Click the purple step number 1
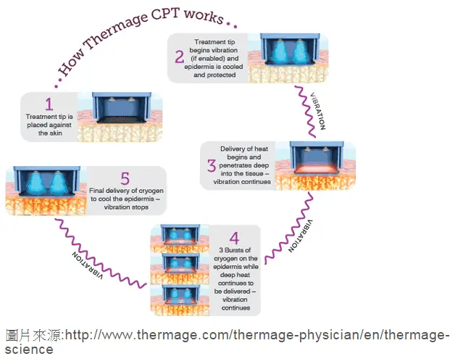(49, 104)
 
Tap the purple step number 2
(180, 57)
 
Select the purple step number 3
(212, 166)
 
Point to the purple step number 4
(234, 239)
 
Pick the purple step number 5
(125, 178)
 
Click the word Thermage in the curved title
(116, 31)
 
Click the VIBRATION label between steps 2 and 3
(318, 111)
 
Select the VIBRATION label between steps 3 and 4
(301, 236)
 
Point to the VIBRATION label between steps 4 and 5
(88, 265)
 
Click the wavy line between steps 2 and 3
(306, 112)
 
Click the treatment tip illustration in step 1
(121, 108)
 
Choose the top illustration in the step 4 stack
(180, 239)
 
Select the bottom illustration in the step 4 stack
(180, 300)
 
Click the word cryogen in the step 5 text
(151, 191)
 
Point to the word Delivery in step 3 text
(232, 149)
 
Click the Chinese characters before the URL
(33, 335)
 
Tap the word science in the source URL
(29, 349)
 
